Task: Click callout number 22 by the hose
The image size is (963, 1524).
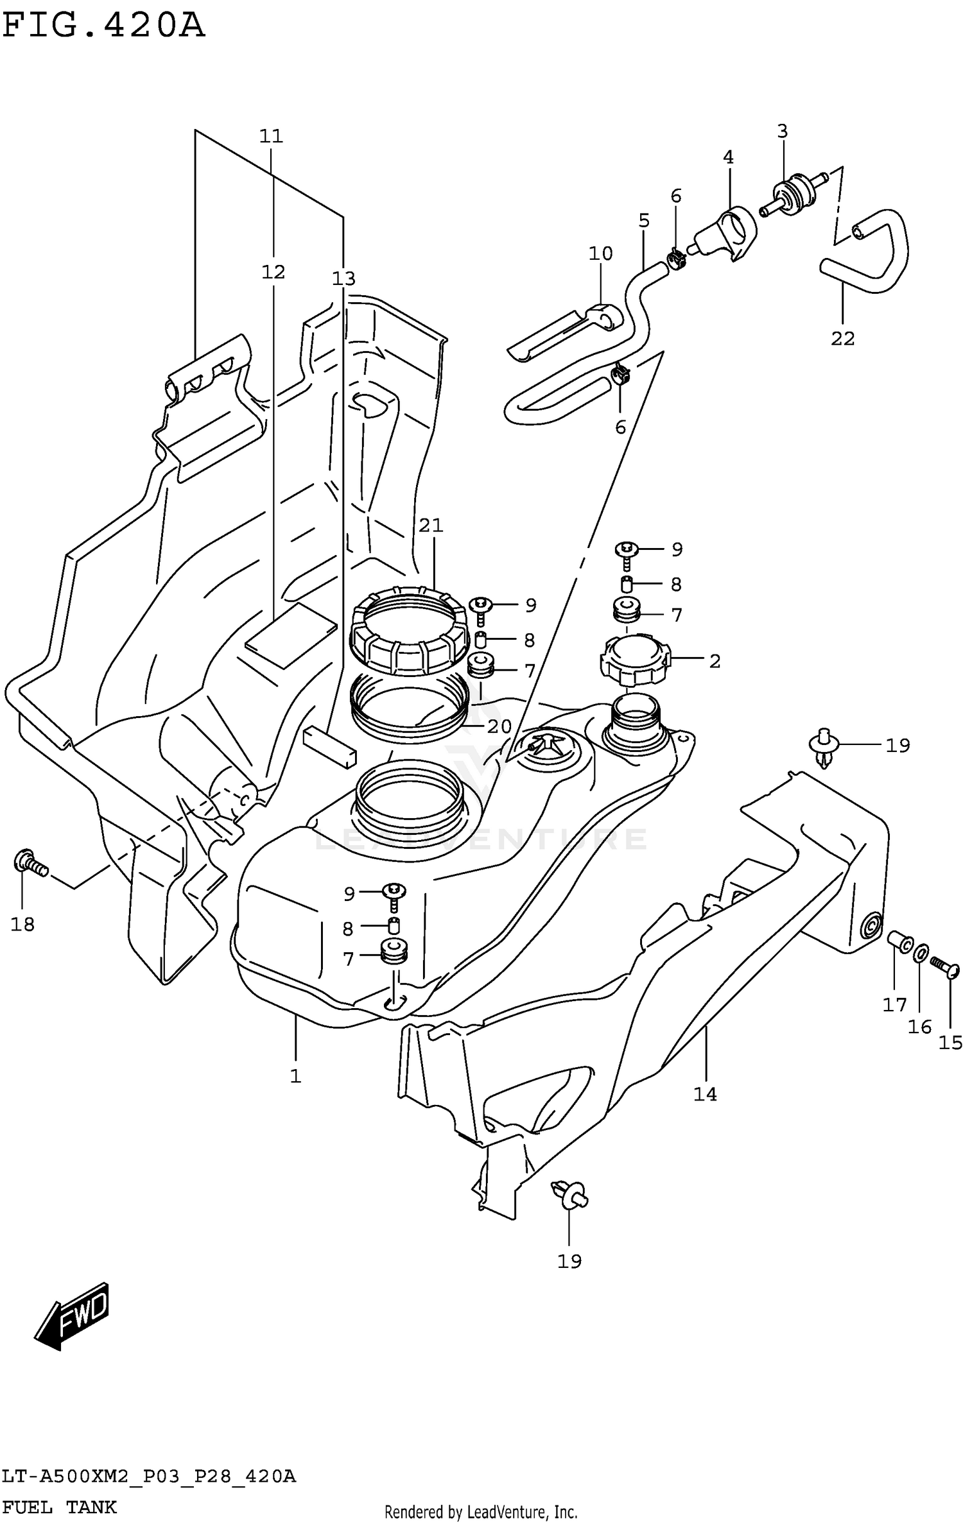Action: coord(842,338)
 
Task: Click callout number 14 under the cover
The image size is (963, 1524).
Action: coord(704,1094)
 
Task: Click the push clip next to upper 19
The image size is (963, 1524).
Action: coord(824,748)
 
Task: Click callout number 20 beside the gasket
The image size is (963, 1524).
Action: coord(499,726)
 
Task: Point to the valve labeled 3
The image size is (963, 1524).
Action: coord(792,194)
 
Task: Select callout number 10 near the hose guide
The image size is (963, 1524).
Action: coord(601,253)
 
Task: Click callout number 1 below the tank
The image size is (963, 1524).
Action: coord(295,1076)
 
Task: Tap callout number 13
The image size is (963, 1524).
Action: coord(343,278)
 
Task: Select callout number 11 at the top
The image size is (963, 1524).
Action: coord(271,136)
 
